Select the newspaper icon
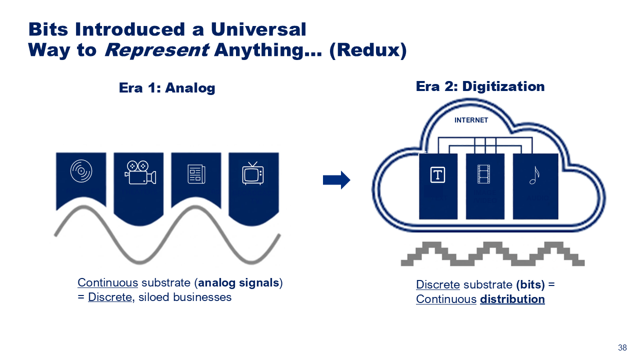coord(196,173)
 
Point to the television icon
coord(253,173)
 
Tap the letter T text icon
coord(437,175)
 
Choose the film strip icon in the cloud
coord(484,174)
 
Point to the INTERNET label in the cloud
coord(471,120)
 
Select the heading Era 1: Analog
coord(167,88)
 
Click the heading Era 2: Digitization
coord(480,86)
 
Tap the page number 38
coord(622,348)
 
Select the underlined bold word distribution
coord(512,299)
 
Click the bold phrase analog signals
coord(238,282)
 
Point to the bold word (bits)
coord(530,284)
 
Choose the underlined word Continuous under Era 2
coord(446,299)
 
